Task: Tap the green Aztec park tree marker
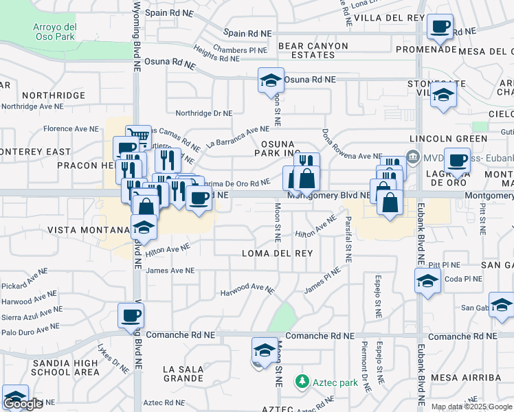pyautogui.click(x=300, y=381)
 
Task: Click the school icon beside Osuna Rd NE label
pyautogui.click(x=271, y=80)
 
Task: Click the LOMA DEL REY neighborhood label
pyautogui.click(x=278, y=253)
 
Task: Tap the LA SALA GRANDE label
pyautogui.click(x=183, y=374)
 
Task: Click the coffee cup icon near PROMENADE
pyautogui.click(x=440, y=27)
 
